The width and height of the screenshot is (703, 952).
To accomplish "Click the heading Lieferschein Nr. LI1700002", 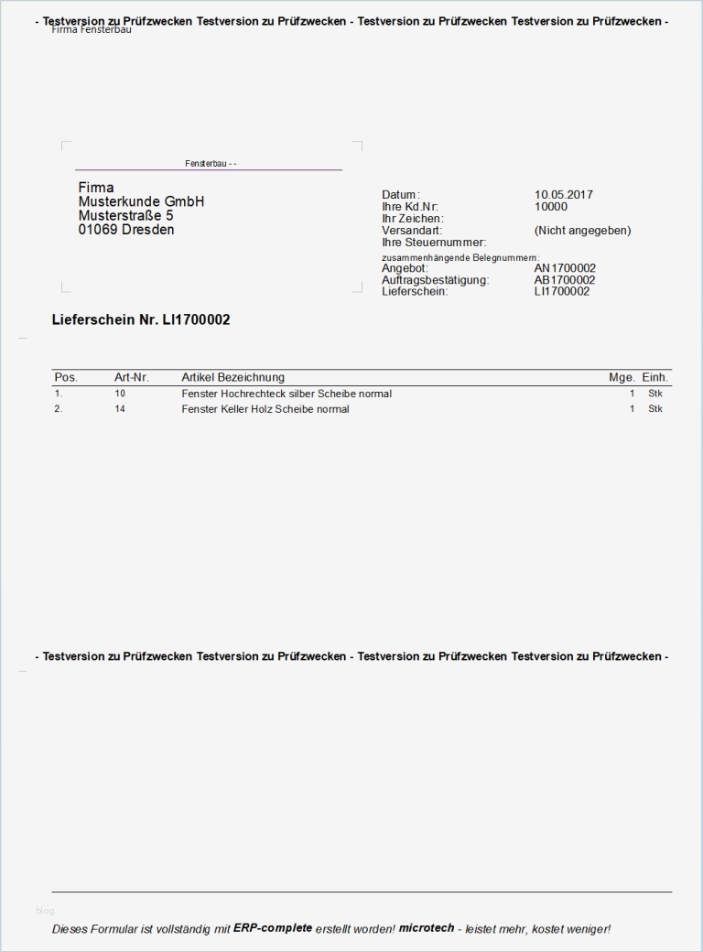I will click(141, 319).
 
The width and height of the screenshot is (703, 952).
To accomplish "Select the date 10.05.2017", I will click(563, 195).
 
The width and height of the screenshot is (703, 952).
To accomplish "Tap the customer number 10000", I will click(550, 207).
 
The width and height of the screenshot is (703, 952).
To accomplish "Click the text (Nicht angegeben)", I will click(582, 231).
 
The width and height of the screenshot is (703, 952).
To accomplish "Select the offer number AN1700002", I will click(565, 268).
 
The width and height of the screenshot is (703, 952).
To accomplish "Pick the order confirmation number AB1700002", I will click(565, 280).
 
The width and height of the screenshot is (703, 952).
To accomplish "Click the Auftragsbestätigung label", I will click(435, 280).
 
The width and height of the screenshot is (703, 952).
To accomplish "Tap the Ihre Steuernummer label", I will click(433, 243).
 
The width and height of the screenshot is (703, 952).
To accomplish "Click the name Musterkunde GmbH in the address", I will click(141, 201).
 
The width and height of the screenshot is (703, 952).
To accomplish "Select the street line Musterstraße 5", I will click(125, 215).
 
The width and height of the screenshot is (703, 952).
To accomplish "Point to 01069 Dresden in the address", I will click(125, 230).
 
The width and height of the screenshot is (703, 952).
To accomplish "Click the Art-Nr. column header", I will click(131, 377).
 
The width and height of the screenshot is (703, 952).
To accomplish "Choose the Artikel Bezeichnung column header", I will click(233, 377).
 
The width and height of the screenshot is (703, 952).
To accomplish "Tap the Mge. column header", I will click(622, 377).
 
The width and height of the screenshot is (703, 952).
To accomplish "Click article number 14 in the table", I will click(120, 409).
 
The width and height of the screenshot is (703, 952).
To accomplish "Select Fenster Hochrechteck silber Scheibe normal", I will click(287, 394).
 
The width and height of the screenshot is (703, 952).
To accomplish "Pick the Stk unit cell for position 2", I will click(654, 409).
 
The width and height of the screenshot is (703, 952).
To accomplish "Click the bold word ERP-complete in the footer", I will click(273, 927).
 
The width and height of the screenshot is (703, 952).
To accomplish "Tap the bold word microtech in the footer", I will click(426, 927).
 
